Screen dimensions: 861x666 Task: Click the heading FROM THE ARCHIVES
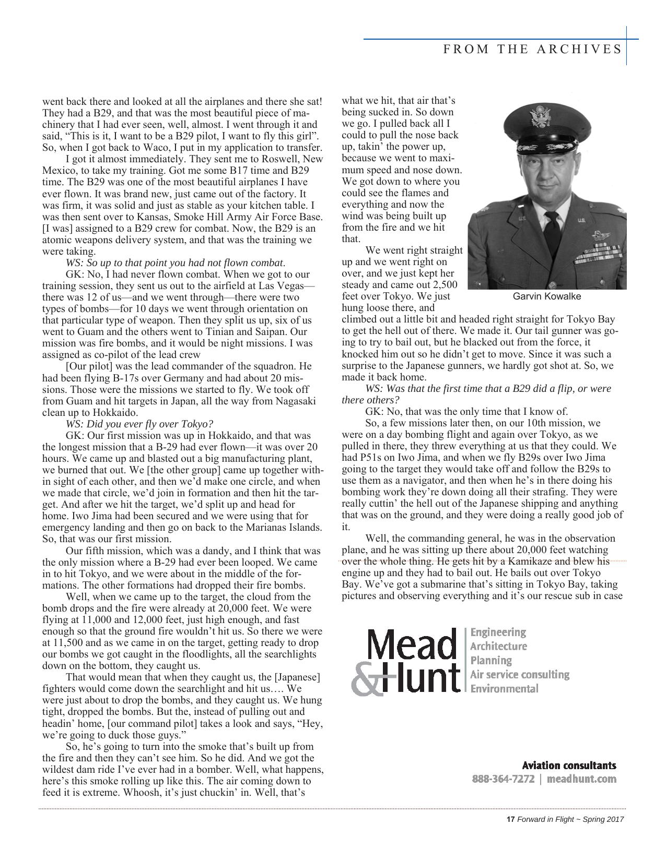click(x=532, y=49)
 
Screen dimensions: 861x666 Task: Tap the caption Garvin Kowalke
click(x=546, y=296)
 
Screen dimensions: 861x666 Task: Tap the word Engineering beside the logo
click(x=498, y=632)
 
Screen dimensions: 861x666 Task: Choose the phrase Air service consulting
click(x=519, y=674)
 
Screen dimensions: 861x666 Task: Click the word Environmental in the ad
click(x=504, y=688)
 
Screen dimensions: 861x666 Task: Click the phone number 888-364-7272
click(x=503, y=779)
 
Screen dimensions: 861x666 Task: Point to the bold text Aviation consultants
click(x=569, y=766)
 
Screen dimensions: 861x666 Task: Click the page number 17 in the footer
click(x=511, y=819)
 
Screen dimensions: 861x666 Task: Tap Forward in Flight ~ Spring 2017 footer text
click(x=570, y=819)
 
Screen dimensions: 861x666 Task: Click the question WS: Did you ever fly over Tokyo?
click(x=139, y=424)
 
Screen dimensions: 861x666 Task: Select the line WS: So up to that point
click(x=175, y=262)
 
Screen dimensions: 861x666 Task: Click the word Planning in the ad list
click(x=490, y=660)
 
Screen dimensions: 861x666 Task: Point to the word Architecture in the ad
click(x=498, y=646)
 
